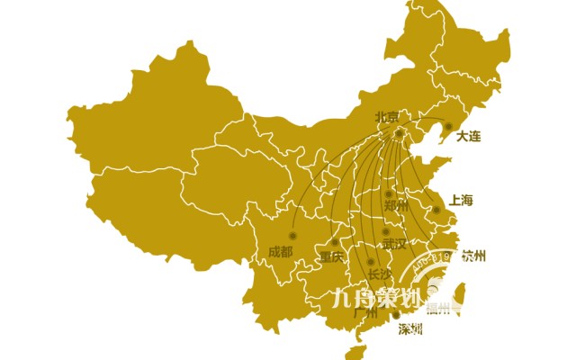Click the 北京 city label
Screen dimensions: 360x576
[x=387, y=117]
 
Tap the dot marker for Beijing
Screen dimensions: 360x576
[x=400, y=133]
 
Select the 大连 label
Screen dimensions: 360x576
[x=469, y=136]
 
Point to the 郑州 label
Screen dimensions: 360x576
[x=396, y=206]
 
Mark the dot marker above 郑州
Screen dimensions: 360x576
[x=389, y=193]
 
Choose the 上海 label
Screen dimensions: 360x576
[x=461, y=201]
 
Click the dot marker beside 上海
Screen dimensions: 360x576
[x=436, y=211]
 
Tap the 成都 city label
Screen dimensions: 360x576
[x=280, y=251]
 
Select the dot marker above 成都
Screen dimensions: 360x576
[x=292, y=236]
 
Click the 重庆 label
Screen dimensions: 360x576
[x=331, y=256]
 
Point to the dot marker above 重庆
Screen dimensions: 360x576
[x=335, y=242]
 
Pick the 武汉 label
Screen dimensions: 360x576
[x=394, y=244]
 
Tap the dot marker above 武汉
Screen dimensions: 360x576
[x=385, y=231]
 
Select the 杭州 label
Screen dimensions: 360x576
[x=473, y=256]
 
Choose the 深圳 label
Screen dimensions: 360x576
[x=410, y=328]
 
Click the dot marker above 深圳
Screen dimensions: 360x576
[x=396, y=315]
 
